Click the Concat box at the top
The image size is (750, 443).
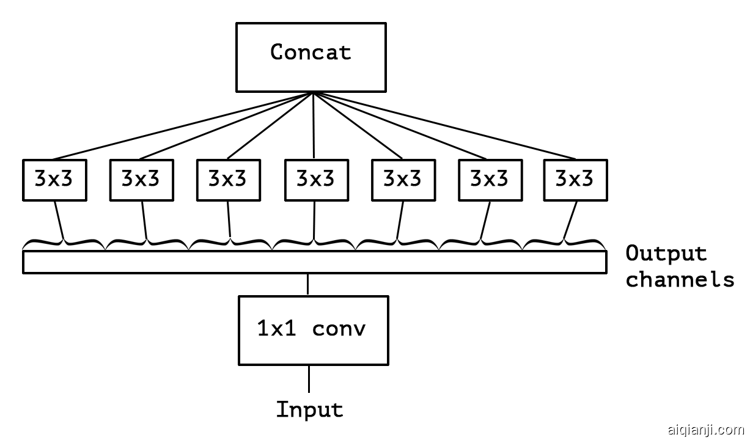[x=311, y=57]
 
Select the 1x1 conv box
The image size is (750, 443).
[x=313, y=330]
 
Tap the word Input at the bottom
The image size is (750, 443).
[x=310, y=409]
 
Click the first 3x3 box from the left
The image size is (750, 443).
[x=54, y=180]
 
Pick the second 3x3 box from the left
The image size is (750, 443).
[x=141, y=180]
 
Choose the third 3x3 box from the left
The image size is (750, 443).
[x=228, y=180]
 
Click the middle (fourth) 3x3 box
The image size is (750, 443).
[x=316, y=180]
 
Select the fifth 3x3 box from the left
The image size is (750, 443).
[x=403, y=180]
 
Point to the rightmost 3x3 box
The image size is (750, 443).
[x=576, y=180]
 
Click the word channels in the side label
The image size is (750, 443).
[x=680, y=279]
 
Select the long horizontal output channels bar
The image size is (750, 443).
[x=314, y=262]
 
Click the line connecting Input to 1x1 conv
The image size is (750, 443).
[x=309, y=379]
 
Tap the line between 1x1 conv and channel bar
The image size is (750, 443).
[x=308, y=285]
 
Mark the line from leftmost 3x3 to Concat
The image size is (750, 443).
[x=183, y=126]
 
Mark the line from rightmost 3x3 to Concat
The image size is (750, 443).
[x=443, y=126]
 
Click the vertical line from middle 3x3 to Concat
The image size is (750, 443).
[x=314, y=126]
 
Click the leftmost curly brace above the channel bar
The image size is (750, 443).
[x=64, y=244]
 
